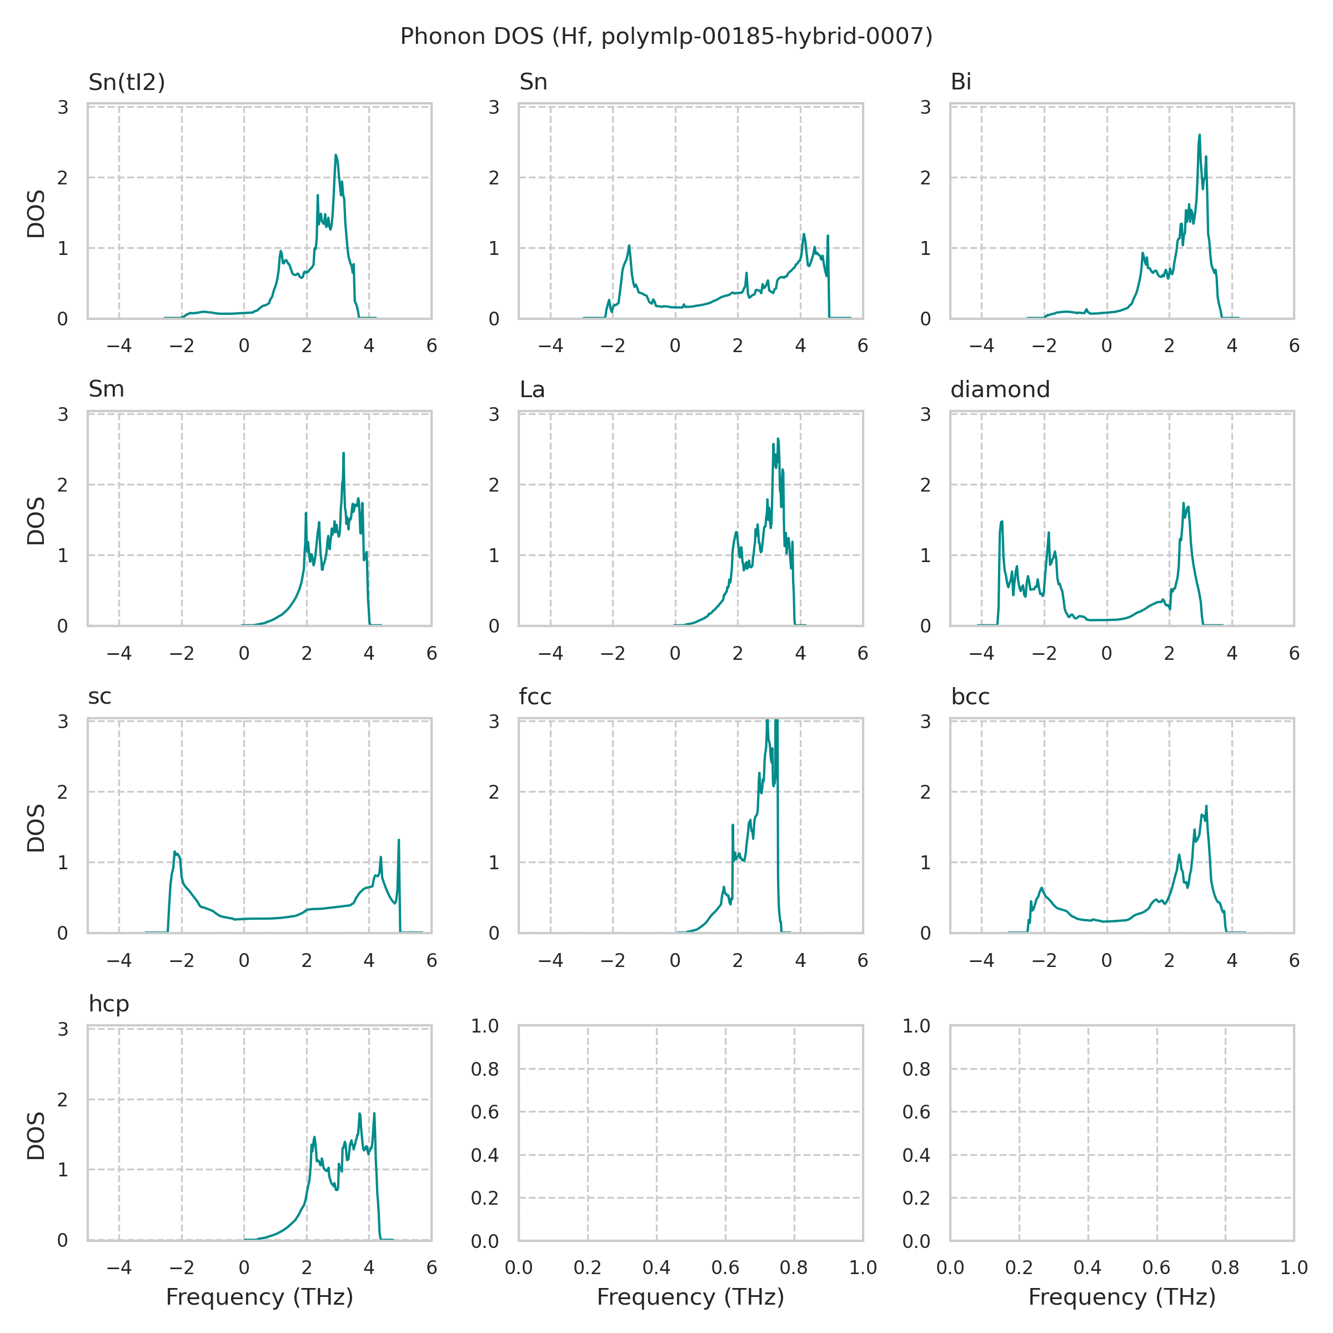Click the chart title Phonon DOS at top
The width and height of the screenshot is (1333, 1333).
click(x=666, y=36)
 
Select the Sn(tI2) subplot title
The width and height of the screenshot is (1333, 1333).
click(x=127, y=82)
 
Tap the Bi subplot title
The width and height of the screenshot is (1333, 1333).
click(x=960, y=82)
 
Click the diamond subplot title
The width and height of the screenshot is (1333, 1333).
click(x=1000, y=389)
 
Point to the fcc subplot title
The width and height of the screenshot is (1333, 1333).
click(x=535, y=697)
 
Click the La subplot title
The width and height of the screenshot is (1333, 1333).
click(x=532, y=390)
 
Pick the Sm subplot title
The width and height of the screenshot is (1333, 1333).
click(x=106, y=389)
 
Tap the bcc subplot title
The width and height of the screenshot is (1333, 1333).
click(x=970, y=697)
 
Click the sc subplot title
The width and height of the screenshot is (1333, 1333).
click(x=99, y=697)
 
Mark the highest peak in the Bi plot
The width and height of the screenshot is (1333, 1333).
click(x=1199, y=135)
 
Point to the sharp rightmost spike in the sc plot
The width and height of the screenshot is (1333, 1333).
click(x=399, y=840)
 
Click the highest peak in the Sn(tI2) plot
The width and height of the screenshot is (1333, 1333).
click(x=335, y=156)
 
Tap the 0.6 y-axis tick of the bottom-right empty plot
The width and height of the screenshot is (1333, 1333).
click(x=916, y=1111)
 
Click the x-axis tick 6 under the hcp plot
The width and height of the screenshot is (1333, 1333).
click(x=431, y=1267)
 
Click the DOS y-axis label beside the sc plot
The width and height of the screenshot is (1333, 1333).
click(x=36, y=828)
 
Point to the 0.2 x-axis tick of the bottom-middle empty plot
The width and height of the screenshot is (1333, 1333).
click(x=587, y=1267)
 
